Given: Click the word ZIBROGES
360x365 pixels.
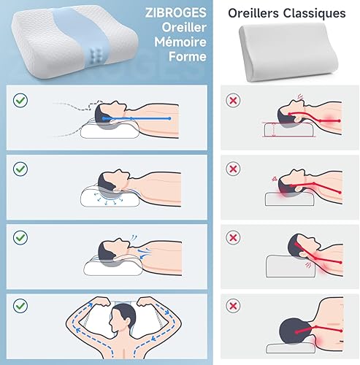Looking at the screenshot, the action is (176, 12).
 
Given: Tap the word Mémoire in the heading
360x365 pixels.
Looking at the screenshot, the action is (180, 42).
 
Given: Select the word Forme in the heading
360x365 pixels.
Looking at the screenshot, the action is (188, 56).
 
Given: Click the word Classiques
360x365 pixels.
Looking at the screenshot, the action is (315, 13).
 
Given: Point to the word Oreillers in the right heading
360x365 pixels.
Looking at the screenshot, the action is (253, 13).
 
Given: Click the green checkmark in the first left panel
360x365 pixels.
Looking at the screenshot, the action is (20, 100).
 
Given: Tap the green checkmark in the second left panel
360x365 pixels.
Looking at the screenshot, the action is (20, 169).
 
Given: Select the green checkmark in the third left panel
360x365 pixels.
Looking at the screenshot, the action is (20, 237).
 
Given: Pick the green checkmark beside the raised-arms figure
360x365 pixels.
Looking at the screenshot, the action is (20, 306).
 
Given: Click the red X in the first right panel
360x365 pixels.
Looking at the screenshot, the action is (233, 100).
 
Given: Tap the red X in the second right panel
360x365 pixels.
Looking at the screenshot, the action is (233, 169).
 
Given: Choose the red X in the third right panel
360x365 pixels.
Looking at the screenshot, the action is (233, 237).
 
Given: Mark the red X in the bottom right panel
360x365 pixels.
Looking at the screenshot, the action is (233, 306).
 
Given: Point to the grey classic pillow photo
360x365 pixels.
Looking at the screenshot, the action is (288, 53).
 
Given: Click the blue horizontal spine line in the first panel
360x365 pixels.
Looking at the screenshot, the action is (137, 118).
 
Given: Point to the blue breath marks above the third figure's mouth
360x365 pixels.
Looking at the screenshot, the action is (134, 237).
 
